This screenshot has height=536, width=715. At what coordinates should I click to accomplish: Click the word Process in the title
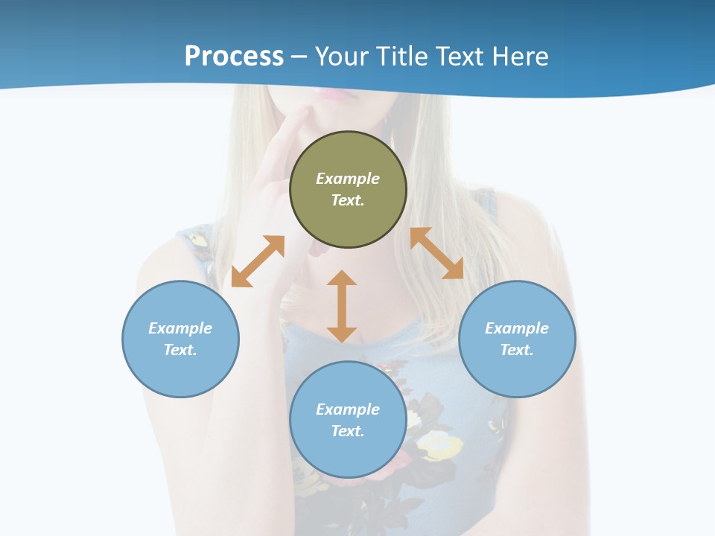tap(234, 57)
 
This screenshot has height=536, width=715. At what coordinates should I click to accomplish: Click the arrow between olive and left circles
tap(258, 261)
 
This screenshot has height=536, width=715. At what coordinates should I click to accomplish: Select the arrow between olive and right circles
tap(436, 253)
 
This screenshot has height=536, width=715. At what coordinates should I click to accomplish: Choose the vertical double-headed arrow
tap(342, 306)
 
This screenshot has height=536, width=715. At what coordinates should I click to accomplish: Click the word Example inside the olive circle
tap(348, 179)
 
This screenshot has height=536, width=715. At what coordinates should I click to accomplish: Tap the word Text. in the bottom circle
tap(348, 431)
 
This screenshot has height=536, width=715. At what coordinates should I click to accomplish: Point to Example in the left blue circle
tap(180, 328)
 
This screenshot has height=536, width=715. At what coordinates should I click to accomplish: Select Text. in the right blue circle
tap(517, 350)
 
